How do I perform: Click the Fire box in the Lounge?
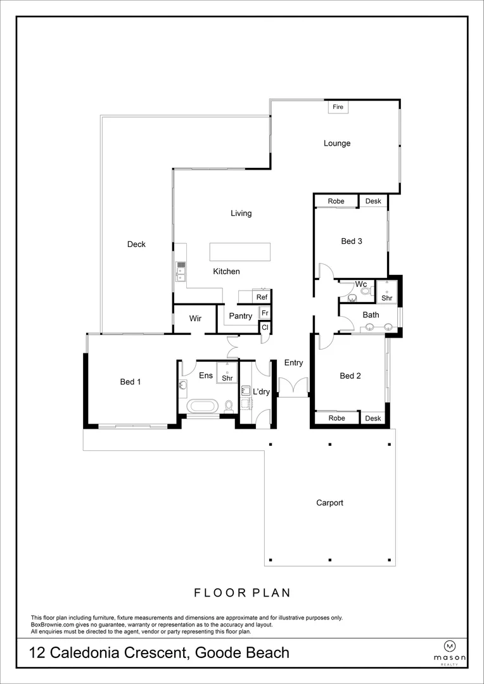point(338,107)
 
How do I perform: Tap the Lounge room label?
point(337,143)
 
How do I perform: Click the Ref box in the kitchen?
point(262,297)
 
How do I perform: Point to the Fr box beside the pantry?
point(265,313)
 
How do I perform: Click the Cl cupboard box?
point(265,327)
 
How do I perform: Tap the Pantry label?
point(240,315)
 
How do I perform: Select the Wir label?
point(196,318)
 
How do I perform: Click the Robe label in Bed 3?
point(336,201)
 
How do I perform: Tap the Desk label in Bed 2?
point(373,418)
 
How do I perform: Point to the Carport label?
point(329,503)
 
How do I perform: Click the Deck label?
point(136,244)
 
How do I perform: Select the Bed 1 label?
point(131,381)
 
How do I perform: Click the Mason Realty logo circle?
point(450,646)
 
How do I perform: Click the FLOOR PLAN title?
point(242,593)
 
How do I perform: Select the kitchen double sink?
point(181,271)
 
